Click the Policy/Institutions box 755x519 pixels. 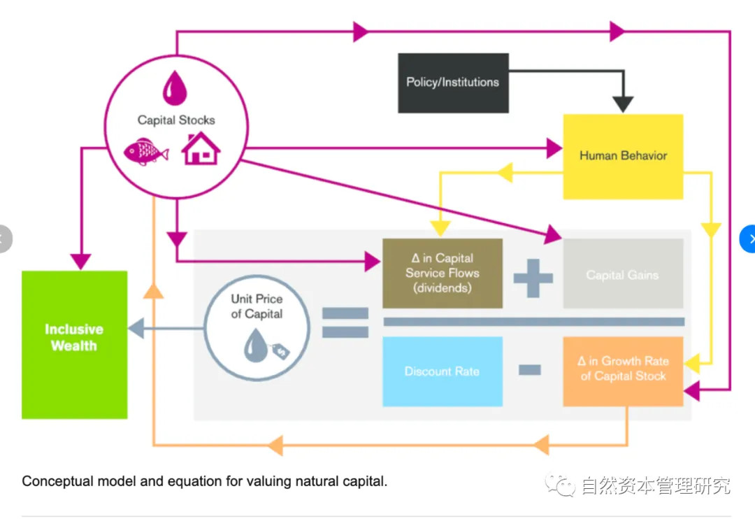(x=453, y=83)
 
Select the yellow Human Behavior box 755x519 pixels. (x=623, y=156)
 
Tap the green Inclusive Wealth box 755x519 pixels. (x=74, y=344)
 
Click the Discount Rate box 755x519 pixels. (x=442, y=371)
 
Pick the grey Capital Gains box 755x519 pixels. (x=622, y=274)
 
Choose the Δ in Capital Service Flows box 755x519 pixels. (x=442, y=273)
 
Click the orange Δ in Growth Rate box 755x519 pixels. (x=622, y=369)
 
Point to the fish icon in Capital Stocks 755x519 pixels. (x=145, y=151)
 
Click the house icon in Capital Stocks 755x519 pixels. (x=201, y=148)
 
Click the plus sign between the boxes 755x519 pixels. (x=533, y=277)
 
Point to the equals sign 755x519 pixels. (x=345, y=322)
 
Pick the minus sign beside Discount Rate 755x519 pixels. (x=530, y=369)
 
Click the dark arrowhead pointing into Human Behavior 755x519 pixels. (x=621, y=104)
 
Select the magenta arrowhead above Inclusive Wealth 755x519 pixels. (x=81, y=262)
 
